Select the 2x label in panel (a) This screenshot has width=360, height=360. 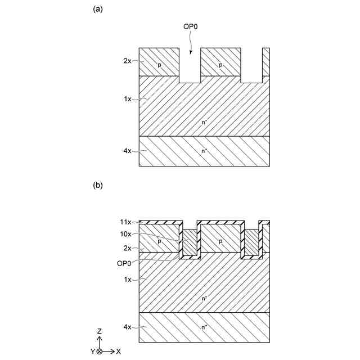[127, 61]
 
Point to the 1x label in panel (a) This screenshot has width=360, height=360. [127, 99]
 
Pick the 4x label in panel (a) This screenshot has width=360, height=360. [127, 151]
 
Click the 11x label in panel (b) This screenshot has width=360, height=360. [126, 222]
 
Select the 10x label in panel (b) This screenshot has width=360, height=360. [126, 234]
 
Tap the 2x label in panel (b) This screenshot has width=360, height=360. [127, 248]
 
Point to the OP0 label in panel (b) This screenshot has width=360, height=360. [125, 262]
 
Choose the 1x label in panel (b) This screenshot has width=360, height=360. [127, 279]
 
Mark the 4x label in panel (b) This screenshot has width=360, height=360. [127, 327]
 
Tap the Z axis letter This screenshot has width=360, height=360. [99, 332]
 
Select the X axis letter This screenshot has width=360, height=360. [119, 352]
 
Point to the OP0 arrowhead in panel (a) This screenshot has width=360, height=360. [191, 52]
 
